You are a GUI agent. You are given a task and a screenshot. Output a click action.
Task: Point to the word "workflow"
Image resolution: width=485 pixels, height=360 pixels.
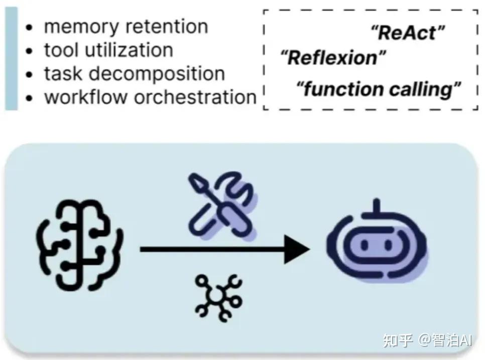coord(86,97)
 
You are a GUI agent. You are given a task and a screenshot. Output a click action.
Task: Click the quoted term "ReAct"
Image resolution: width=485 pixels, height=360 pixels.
coord(408,34)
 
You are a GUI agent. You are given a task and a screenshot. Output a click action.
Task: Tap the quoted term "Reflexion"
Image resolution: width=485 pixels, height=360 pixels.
coord(332,58)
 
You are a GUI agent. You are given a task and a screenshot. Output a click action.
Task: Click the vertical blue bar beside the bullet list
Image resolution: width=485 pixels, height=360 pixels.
coord(11,59)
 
